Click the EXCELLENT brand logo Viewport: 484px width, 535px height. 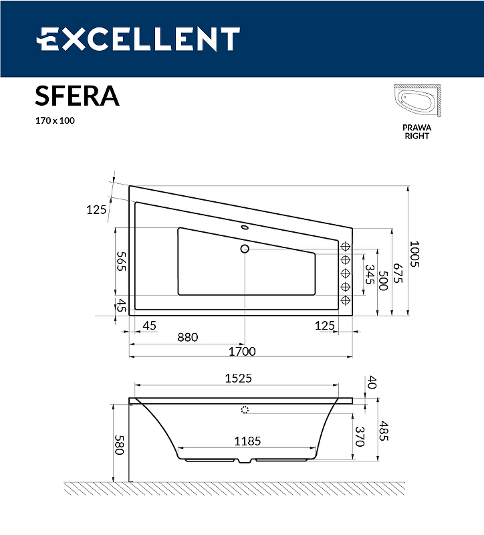(x=138, y=39)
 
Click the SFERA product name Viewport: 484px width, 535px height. (x=77, y=96)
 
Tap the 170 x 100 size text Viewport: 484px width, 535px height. (x=55, y=121)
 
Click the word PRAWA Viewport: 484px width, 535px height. (x=416, y=127)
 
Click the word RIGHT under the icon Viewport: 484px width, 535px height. (x=416, y=136)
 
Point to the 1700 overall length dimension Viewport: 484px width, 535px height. (x=243, y=351)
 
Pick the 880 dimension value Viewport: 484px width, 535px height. (x=187, y=337)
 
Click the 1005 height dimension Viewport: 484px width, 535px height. (x=414, y=254)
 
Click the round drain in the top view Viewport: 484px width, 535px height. (x=245, y=249)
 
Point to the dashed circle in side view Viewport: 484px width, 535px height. (x=245, y=410)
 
